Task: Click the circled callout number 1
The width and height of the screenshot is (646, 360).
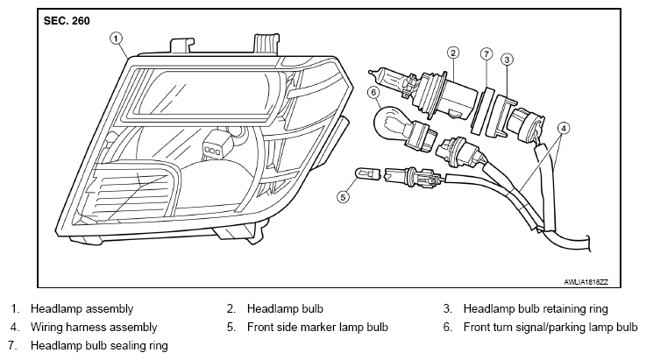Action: pyautogui.click(x=117, y=39)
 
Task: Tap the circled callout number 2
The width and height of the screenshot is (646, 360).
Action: pyautogui.click(x=453, y=53)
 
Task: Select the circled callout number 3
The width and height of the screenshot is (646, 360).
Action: pyautogui.click(x=507, y=60)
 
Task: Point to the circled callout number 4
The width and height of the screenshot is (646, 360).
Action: pyautogui.click(x=564, y=129)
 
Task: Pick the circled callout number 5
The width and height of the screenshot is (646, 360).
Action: pyautogui.click(x=343, y=197)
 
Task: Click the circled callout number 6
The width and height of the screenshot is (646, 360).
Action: pyautogui.click(x=373, y=92)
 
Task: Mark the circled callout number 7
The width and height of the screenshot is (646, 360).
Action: pyautogui.click(x=486, y=54)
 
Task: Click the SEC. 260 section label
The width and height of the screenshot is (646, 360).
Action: pyautogui.click(x=67, y=21)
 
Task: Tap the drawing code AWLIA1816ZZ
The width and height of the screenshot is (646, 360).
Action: pyautogui.click(x=586, y=282)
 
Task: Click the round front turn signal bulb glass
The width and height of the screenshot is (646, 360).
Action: pyautogui.click(x=388, y=122)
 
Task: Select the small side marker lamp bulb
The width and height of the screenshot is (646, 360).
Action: pyautogui.click(x=368, y=174)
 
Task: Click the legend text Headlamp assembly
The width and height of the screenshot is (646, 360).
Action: pyautogui.click(x=82, y=309)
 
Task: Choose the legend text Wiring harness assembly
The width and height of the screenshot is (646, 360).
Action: pyautogui.click(x=94, y=327)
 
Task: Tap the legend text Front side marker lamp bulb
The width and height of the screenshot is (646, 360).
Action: pyautogui.click(x=317, y=327)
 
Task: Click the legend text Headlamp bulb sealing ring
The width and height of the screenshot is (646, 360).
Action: pyautogui.click(x=99, y=345)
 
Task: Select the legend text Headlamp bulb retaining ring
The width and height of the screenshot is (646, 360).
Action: pyautogui.click(x=536, y=309)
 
